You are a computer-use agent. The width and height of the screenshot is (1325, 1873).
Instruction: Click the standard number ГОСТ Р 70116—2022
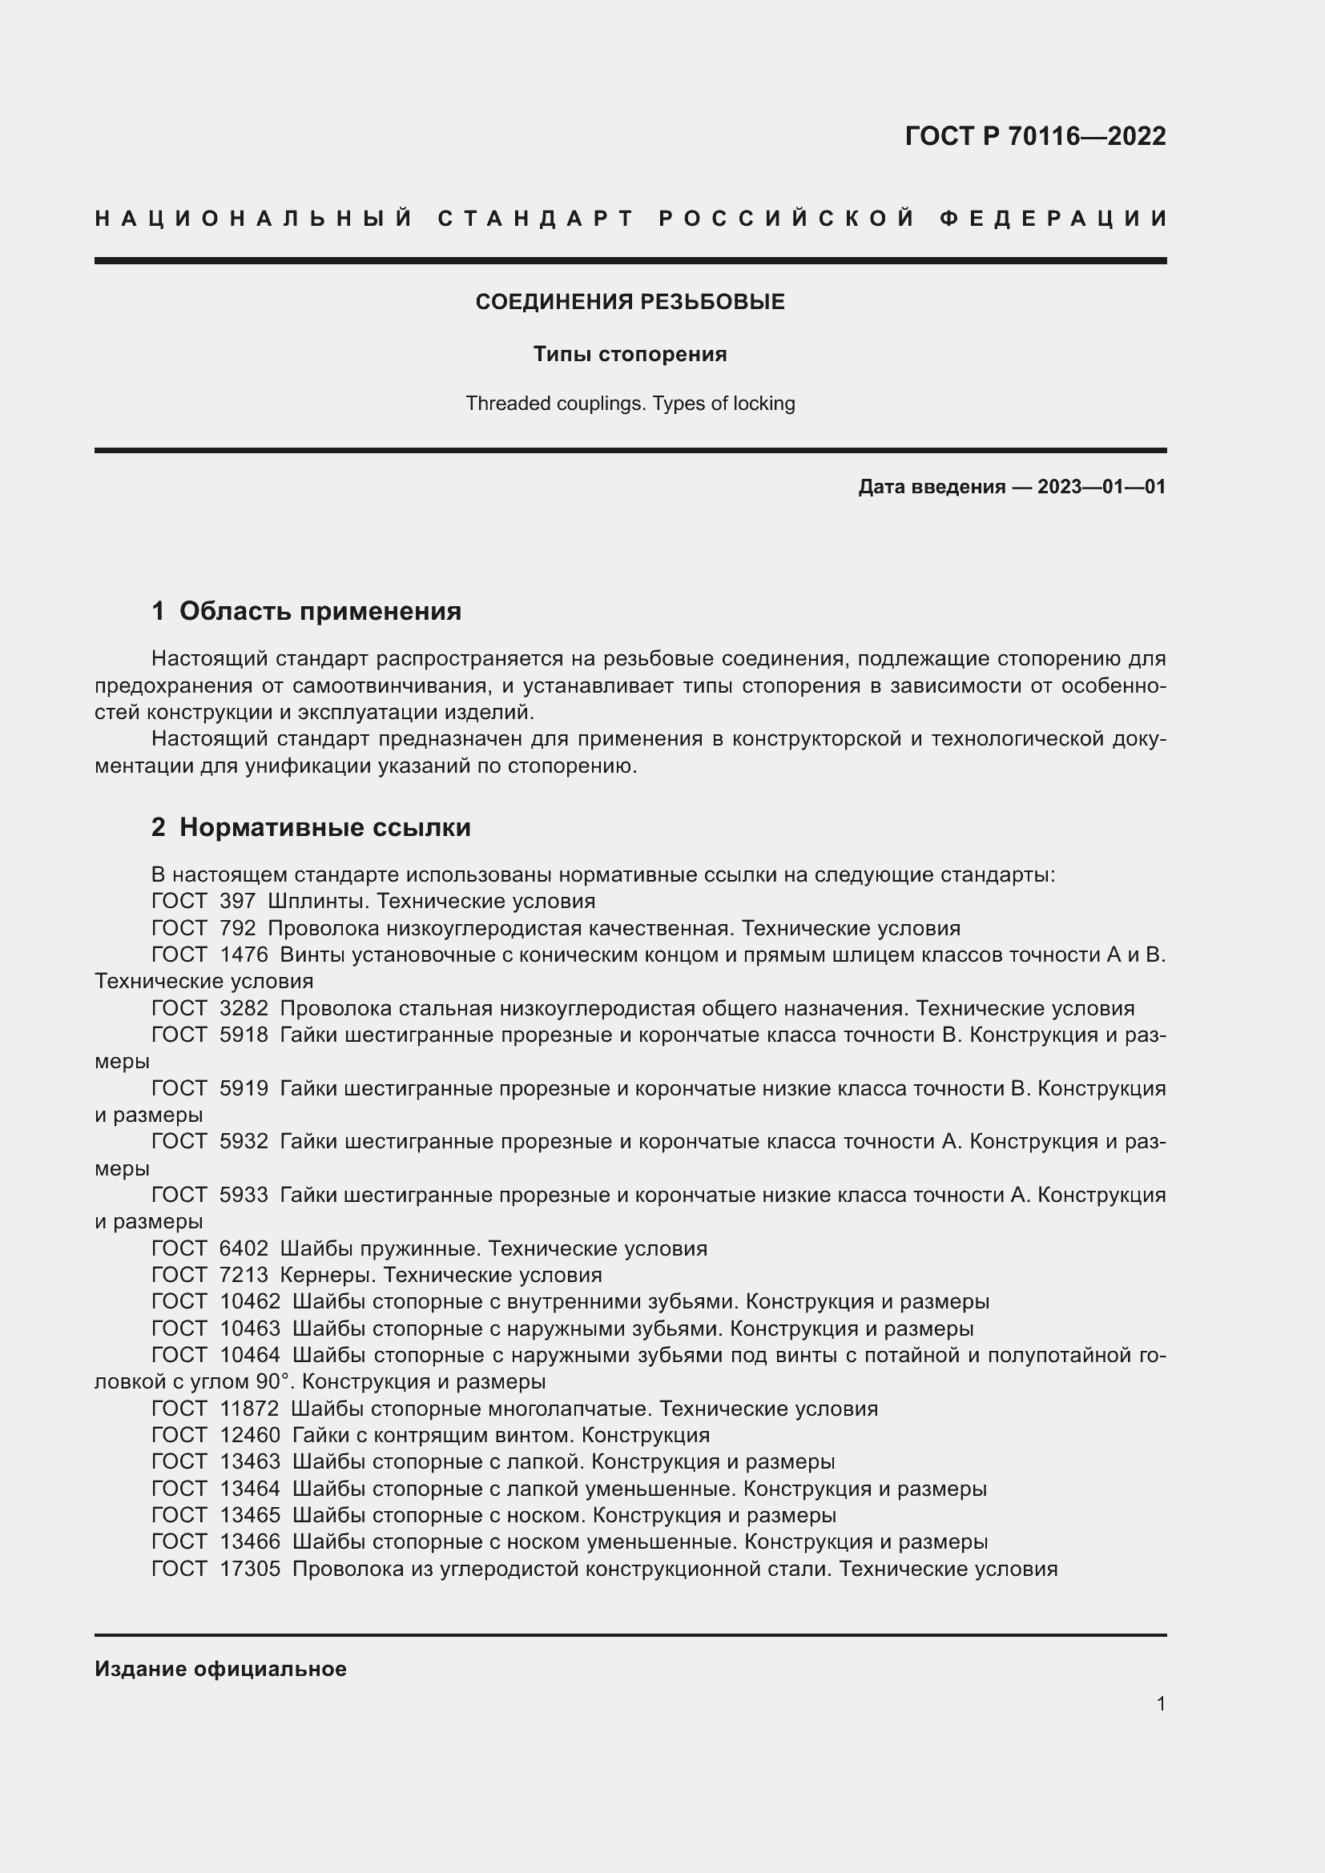[x=1034, y=136]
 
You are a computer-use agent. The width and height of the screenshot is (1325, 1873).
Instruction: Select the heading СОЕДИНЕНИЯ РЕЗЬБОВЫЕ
[x=630, y=302]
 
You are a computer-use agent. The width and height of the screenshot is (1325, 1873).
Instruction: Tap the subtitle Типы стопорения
[x=630, y=354]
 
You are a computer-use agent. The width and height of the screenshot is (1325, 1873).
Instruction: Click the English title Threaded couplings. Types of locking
[x=630, y=404]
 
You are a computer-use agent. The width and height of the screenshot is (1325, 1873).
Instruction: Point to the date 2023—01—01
[x=1101, y=487]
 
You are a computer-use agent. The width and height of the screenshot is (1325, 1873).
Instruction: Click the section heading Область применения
[x=320, y=611]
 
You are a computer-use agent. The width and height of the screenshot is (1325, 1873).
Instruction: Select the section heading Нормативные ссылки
[x=324, y=827]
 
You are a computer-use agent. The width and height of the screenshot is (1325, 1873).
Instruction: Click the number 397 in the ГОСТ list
[x=237, y=902]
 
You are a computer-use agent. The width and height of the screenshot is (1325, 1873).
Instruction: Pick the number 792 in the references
[x=237, y=928]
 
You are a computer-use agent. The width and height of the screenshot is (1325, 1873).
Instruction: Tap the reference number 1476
[x=244, y=955]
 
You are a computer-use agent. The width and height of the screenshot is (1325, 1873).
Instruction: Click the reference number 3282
[x=244, y=1008]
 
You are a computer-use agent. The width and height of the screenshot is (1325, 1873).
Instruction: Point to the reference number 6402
[x=244, y=1248]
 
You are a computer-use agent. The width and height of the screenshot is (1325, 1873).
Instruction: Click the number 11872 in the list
[x=250, y=1409]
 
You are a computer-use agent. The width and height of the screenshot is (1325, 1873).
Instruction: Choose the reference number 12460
[x=250, y=1435]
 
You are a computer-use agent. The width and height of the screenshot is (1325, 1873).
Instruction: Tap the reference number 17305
[x=250, y=1569]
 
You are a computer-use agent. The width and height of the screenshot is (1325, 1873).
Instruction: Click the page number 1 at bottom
[x=1160, y=1703]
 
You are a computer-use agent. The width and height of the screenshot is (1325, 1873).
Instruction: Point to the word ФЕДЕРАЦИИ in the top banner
[x=1053, y=219]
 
